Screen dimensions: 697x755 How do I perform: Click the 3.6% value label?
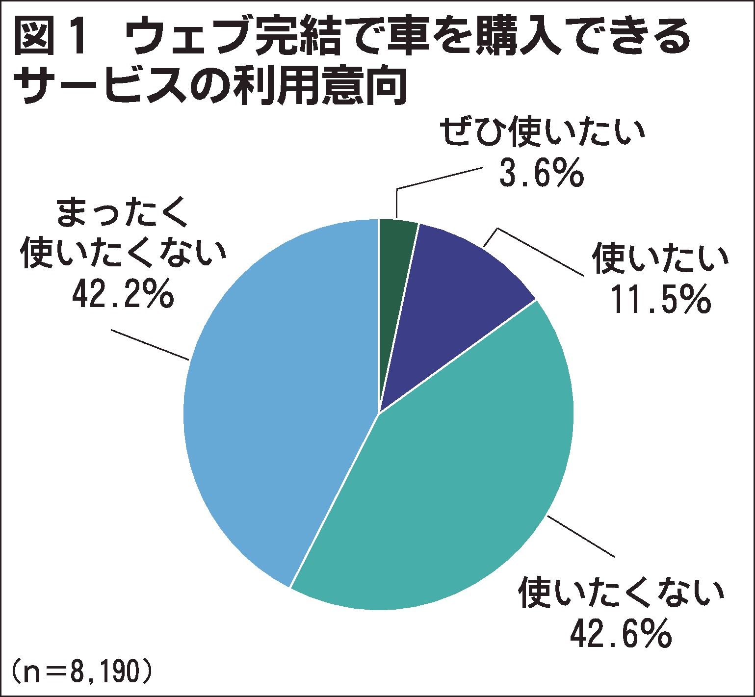(x=541, y=173)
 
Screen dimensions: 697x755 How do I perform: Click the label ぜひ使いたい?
(x=541, y=133)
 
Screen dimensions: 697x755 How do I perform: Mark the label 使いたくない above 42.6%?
(x=621, y=593)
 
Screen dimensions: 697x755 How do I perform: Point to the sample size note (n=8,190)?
(x=78, y=673)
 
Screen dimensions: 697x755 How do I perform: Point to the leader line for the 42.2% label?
(x=150, y=345)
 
